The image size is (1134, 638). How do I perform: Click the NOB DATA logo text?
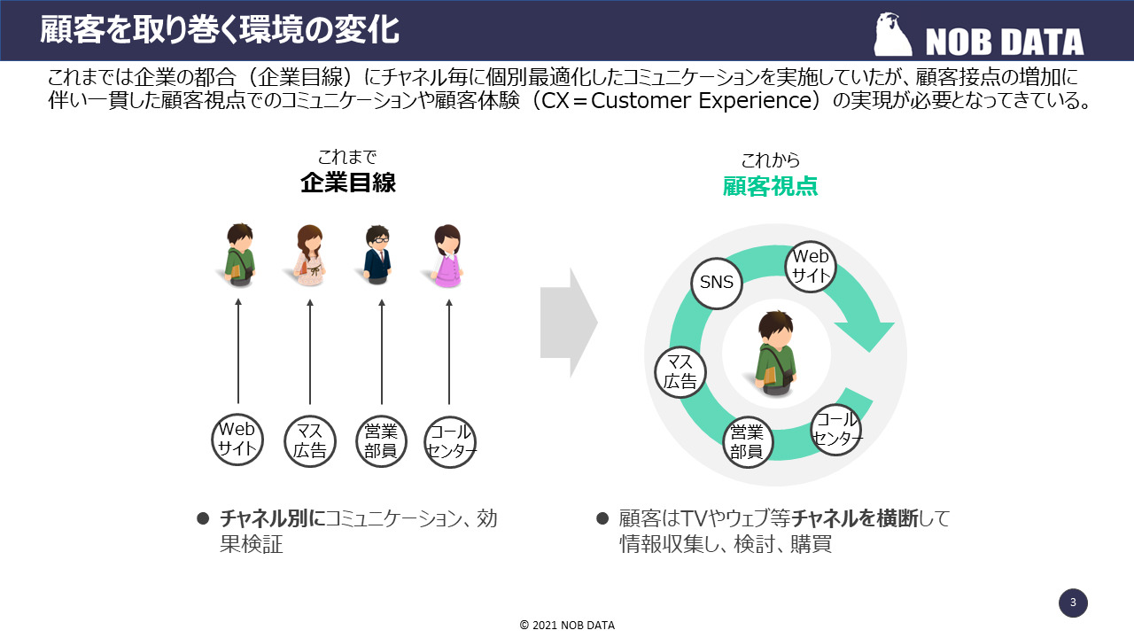point(1004,41)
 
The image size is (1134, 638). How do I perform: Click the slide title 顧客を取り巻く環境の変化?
point(220,29)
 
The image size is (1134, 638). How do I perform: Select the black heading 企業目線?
point(347,183)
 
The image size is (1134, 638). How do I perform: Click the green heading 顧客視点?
point(770,185)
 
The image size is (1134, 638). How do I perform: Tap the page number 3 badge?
point(1073,603)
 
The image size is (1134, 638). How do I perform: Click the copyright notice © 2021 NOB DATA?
point(567,625)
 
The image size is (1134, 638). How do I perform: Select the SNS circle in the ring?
point(717,283)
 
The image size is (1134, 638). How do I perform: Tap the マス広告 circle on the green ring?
point(680,371)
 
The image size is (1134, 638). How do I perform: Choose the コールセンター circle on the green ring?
point(836,429)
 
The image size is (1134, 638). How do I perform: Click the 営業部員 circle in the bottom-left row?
point(381,440)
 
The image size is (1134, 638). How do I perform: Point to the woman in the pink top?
point(447,255)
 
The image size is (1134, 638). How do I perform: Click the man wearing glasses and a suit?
point(378,254)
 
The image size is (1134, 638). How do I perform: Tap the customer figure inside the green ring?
point(776,351)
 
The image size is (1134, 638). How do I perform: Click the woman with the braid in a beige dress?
point(309,255)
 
